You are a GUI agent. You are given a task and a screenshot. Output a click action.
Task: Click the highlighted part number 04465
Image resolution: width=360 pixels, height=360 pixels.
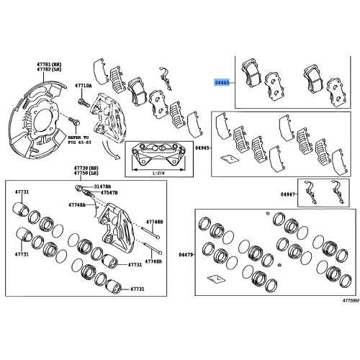[222, 84]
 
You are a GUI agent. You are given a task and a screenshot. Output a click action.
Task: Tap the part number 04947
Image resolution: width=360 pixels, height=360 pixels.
[288, 194]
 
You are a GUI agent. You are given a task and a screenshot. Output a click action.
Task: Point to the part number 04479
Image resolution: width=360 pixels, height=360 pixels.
[186, 255]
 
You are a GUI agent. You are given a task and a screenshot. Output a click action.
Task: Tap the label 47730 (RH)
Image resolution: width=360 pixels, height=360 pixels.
[84, 168]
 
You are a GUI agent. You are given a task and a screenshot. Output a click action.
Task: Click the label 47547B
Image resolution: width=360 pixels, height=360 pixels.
[109, 193]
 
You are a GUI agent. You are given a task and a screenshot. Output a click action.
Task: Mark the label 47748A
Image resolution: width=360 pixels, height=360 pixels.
[77, 205]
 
